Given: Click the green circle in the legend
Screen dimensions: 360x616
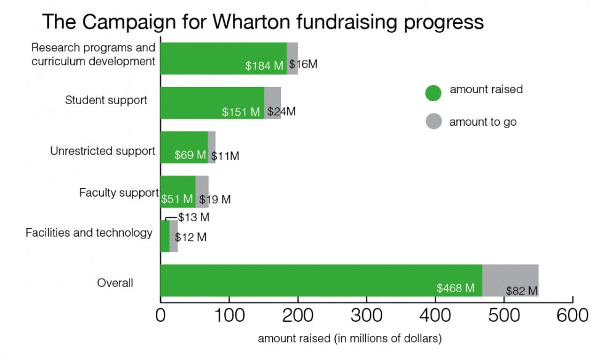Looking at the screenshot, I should (x=434, y=92).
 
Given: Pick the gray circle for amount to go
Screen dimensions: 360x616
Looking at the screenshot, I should (x=434, y=121).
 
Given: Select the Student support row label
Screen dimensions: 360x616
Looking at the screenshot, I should (x=106, y=100).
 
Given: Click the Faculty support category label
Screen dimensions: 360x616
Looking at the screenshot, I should (x=119, y=193).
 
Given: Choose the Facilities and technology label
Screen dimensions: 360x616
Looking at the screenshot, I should (x=89, y=232).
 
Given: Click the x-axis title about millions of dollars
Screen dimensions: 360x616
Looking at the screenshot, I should (x=350, y=338).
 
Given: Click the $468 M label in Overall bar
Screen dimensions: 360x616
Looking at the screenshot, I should (x=455, y=288).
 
